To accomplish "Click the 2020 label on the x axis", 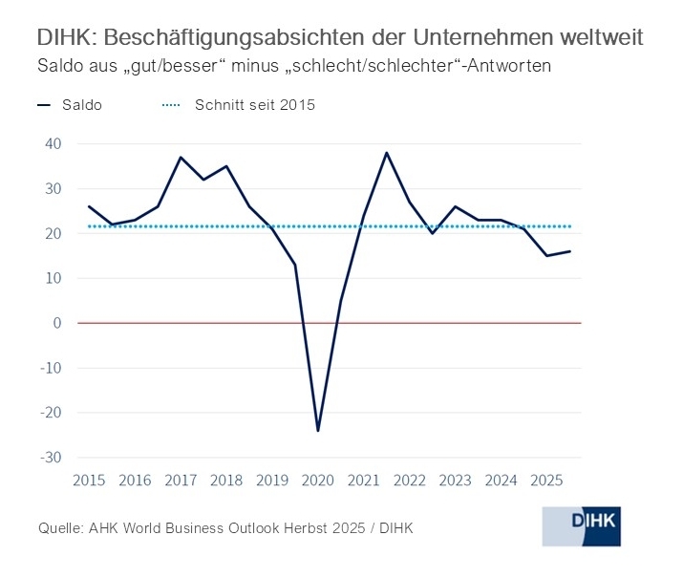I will (x=318, y=481).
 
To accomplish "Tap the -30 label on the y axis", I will (x=50, y=458).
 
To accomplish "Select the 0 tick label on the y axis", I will (x=57, y=323).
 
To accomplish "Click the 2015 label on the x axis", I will (x=89, y=481).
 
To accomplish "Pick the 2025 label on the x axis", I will (x=546, y=481).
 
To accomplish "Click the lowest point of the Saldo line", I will (x=318, y=431).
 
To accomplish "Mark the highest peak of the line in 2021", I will (x=386, y=153).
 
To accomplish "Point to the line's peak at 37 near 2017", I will (x=181, y=158).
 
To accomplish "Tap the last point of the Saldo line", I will (x=569, y=251).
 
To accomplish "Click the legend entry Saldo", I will (x=81, y=105).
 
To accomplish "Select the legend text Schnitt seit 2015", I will (x=254, y=105).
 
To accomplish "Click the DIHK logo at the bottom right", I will (x=581, y=526).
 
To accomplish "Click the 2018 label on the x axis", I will (x=226, y=481).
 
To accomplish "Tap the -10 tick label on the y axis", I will (x=50, y=368).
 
